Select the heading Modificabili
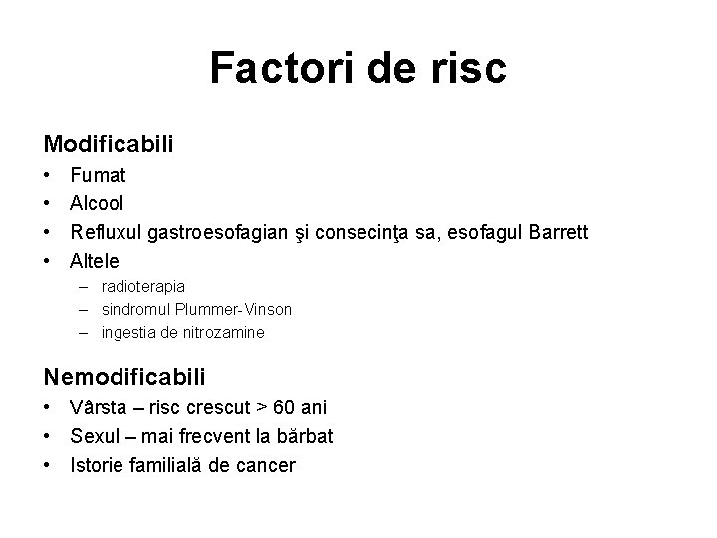tap(109, 144)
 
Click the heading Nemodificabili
tap(124, 376)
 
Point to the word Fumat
tap(98, 175)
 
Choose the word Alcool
tap(97, 203)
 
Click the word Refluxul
tap(105, 232)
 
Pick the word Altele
tap(95, 261)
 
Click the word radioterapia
tap(143, 287)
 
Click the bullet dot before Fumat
tap(48, 176)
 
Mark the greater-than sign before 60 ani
tap(261, 408)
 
